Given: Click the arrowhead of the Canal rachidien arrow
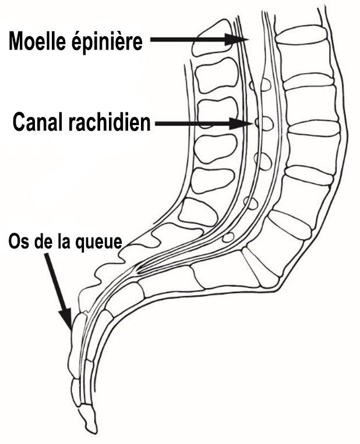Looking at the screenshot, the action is click(241, 124).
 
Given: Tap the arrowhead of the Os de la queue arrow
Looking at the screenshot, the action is click(67, 318).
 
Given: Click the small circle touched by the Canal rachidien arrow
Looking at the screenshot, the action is click(264, 123).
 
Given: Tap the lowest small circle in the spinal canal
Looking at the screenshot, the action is click(228, 237).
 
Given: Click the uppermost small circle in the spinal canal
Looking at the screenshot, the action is click(261, 84).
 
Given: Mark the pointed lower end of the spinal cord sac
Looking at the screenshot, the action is click(138, 271).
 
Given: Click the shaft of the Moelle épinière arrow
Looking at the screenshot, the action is click(188, 40).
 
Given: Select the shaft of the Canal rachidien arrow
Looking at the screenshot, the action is click(193, 124).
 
